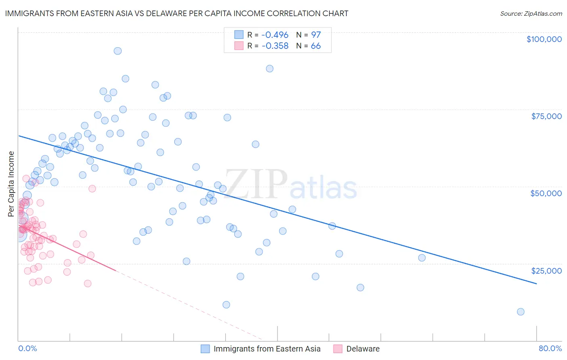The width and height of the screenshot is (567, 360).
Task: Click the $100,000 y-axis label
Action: pos(544,39)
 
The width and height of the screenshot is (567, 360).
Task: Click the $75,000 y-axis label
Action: pos(546,116)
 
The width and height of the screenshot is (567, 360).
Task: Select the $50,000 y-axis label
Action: pos(546,193)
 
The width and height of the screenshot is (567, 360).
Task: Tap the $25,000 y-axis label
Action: pos(546,270)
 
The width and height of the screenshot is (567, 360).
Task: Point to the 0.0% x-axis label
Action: pos(27,348)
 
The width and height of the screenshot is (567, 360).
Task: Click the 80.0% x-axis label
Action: pos(550,348)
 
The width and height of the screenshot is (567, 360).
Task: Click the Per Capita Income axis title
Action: pos(11,184)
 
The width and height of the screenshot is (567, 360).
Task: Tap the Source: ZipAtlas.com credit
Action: pos(531,13)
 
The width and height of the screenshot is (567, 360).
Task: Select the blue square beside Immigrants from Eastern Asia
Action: pos(205,349)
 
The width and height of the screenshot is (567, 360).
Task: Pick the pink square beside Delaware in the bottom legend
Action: pos(338,349)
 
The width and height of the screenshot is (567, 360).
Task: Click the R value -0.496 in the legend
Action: pos(275,35)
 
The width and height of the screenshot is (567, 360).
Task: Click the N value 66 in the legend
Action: pos(316,46)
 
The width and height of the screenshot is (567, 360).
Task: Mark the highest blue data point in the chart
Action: pos(118,51)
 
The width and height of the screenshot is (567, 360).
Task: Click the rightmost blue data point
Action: pos(521,312)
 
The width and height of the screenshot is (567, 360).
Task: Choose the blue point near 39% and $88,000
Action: pos(270,69)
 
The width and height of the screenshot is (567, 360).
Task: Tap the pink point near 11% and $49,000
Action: pos(92,188)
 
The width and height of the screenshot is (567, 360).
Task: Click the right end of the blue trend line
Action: pos(536,284)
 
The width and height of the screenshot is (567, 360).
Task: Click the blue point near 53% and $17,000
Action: pos(361,287)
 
